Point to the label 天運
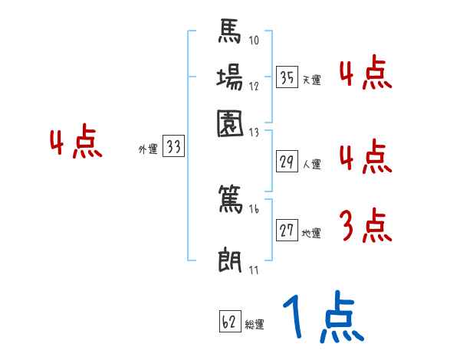(x=311, y=80)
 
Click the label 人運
(x=311, y=163)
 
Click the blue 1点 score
(x=322, y=319)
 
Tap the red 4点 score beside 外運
(x=75, y=144)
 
